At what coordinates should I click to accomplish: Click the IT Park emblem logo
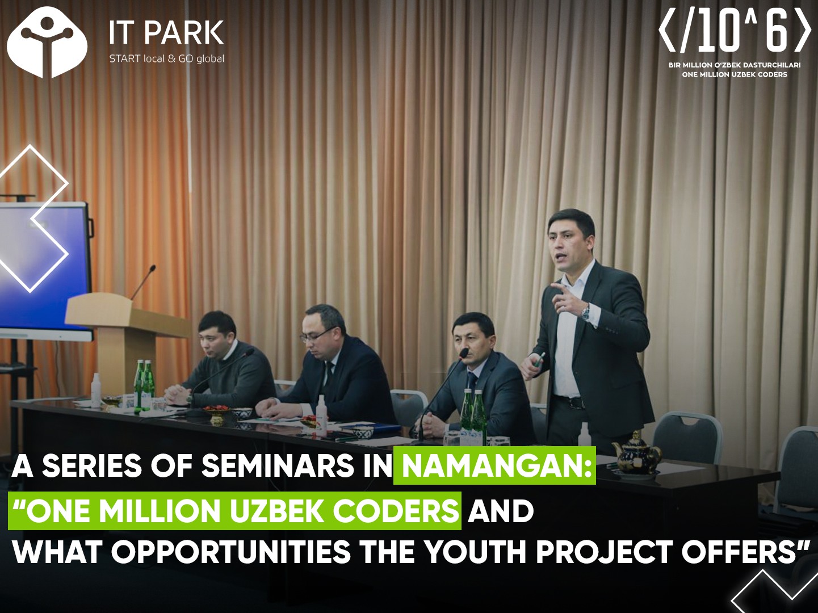(x=47, y=42)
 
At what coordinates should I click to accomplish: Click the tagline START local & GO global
(x=167, y=59)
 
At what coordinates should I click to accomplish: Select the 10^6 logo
(x=734, y=34)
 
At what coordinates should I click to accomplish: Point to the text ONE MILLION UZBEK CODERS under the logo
(x=735, y=74)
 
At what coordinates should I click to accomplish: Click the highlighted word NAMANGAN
(x=494, y=466)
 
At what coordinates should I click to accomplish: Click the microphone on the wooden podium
(x=143, y=283)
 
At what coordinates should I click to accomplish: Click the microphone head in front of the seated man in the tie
(x=464, y=352)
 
